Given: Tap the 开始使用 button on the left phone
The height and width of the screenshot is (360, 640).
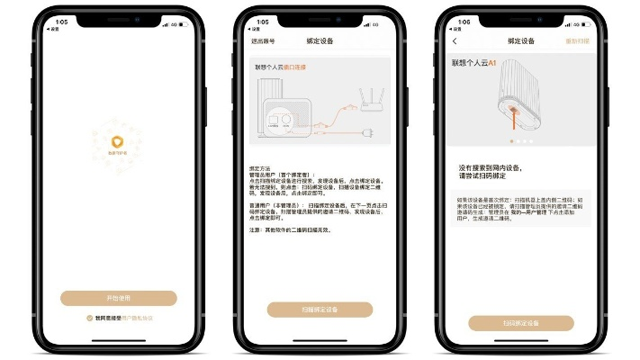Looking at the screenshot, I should click(119, 299).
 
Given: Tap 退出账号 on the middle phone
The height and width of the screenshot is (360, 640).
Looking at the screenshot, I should click(263, 41).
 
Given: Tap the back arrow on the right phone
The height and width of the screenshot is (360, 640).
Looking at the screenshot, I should click(455, 41).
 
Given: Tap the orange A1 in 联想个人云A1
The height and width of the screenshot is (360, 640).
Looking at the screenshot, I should click(492, 64).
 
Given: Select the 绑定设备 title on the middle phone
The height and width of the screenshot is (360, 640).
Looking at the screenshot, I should click(320, 41).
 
